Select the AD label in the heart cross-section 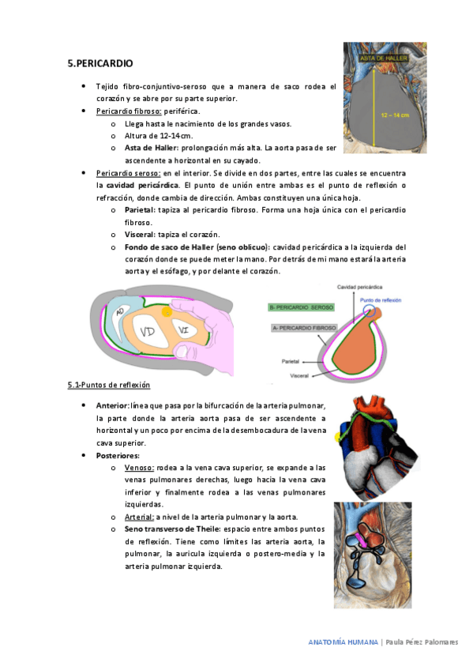120,314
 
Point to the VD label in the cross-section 147,333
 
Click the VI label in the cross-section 183,329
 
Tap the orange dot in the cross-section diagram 167,313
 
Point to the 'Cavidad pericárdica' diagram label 361,287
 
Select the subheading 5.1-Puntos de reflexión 108,385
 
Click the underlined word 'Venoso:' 139,469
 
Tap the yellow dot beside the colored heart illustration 338,436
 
